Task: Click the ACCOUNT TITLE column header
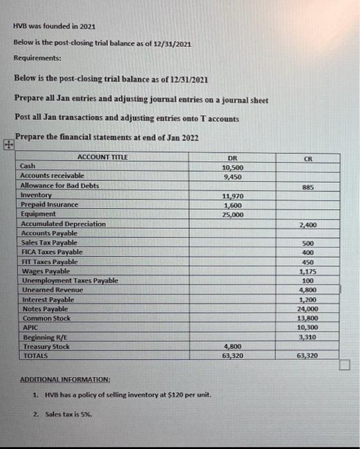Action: click(x=103, y=157)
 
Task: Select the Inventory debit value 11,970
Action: click(x=232, y=196)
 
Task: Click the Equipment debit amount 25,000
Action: click(x=232, y=215)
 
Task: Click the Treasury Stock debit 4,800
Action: click(x=232, y=346)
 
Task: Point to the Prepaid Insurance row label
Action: click(x=49, y=205)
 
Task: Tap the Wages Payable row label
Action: click(x=44, y=271)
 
